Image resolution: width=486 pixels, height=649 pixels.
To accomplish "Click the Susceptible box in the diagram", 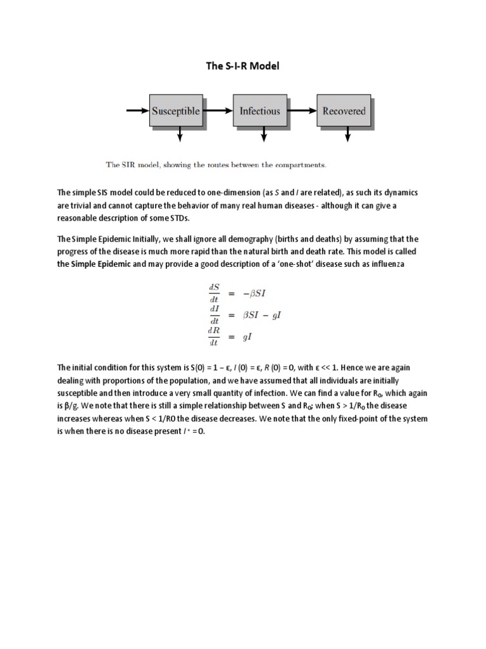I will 175,111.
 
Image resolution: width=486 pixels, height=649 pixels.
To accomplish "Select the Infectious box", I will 259,111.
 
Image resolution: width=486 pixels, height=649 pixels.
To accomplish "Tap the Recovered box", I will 344,111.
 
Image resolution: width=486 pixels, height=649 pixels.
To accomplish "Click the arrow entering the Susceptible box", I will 137,111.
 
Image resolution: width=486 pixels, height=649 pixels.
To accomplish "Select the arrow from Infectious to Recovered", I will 302,111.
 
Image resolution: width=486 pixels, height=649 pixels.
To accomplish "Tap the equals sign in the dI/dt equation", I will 232,315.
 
